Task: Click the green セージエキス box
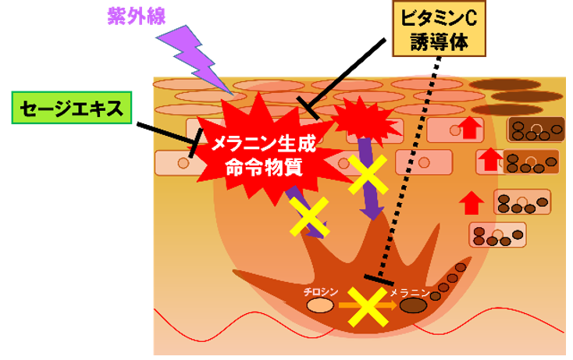[x=69, y=109]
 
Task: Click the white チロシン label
[x=320, y=291]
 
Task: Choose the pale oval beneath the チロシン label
[x=320, y=305]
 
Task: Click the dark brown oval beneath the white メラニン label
[x=413, y=305]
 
